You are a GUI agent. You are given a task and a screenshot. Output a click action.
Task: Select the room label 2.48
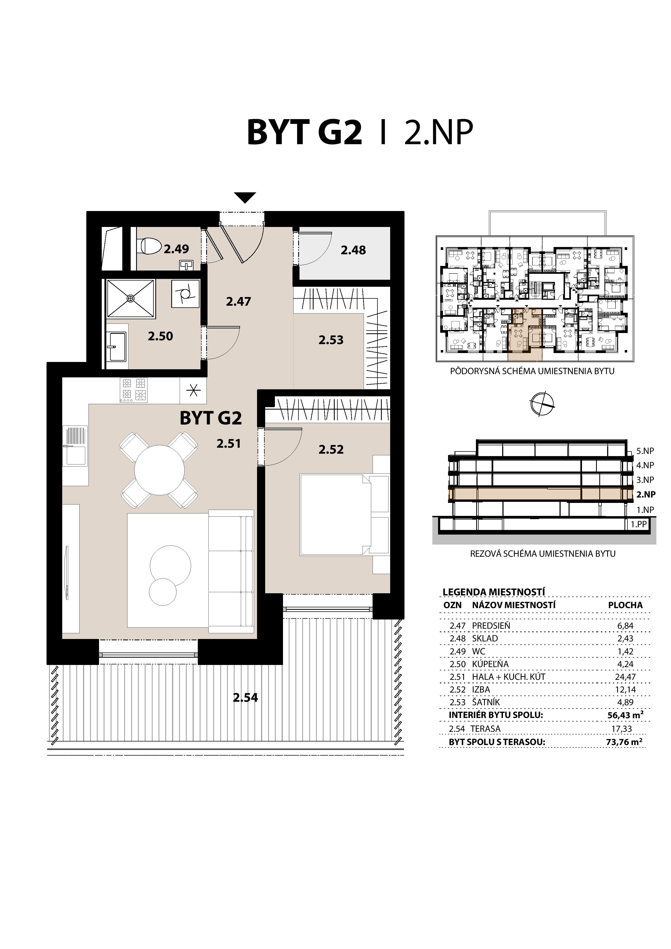353,250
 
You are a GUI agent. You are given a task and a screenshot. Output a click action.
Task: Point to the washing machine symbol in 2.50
186,294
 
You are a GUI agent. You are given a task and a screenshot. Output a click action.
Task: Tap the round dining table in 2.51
159,470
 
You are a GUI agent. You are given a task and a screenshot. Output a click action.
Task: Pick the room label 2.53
331,340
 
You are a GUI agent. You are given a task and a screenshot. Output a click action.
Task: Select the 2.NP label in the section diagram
645,494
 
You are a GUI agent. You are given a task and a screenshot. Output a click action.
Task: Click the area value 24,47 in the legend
625,677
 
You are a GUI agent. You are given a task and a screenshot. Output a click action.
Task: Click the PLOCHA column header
625,605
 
